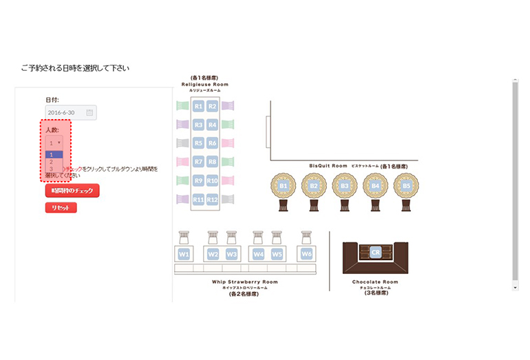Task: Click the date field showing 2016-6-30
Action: tap(66, 112)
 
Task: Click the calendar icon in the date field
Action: tap(89, 112)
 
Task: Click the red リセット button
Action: tap(61, 208)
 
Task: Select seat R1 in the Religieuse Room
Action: tap(198, 107)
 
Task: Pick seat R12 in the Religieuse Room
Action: tap(213, 200)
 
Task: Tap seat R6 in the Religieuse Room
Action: tap(213, 143)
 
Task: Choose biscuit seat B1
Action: tap(284, 185)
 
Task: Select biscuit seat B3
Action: tap(345, 185)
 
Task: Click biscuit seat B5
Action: tap(406, 185)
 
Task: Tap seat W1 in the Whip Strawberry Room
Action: tap(184, 254)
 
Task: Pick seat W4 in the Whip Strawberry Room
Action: tap(258, 254)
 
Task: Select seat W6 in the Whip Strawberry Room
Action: tap(306, 254)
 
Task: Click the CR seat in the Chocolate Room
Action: tap(376, 253)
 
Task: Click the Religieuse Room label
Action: tap(204, 85)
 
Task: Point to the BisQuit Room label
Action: tap(328, 166)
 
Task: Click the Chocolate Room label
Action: tap(375, 282)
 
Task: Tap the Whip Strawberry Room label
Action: tap(244, 282)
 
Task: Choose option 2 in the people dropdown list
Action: tap(51, 162)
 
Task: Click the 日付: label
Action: tap(52, 100)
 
